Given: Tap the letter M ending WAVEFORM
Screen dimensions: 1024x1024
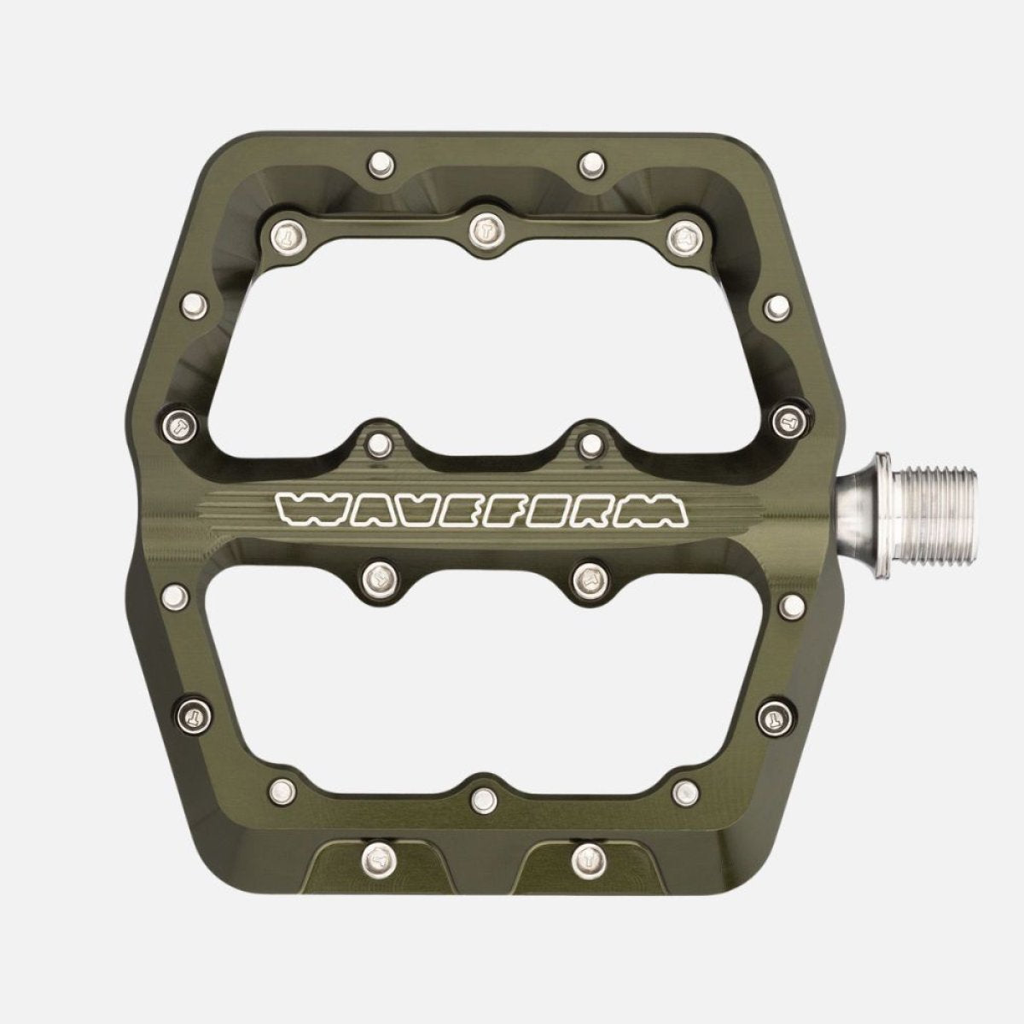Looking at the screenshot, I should click(x=661, y=510).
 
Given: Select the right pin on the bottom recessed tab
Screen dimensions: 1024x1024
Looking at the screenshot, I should click(x=587, y=854).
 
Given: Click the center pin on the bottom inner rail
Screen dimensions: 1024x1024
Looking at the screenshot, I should click(x=484, y=799).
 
